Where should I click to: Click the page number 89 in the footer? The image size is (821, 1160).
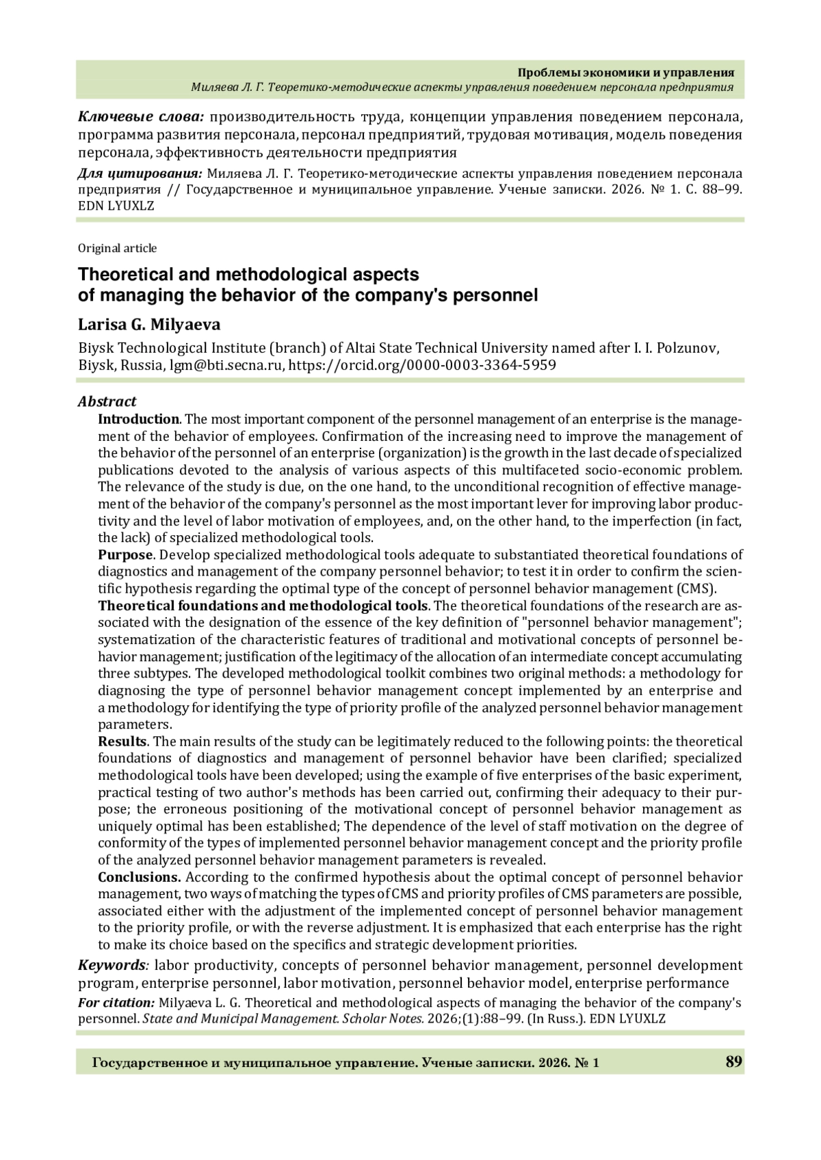pyautogui.click(x=733, y=1062)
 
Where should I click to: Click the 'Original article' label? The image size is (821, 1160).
pyautogui.click(x=117, y=248)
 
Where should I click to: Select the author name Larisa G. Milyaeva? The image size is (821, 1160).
pyautogui.click(x=149, y=325)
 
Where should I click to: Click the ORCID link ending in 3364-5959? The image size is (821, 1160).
pyautogui.click(x=422, y=365)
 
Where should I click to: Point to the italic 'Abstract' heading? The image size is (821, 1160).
pyautogui.click(x=107, y=401)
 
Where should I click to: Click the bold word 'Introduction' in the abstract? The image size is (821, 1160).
pyautogui.click(x=138, y=419)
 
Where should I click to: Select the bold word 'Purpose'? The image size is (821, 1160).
pyautogui.click(x=125, y=554)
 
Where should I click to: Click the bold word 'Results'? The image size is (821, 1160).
pyautogui.click(x=122, y=741)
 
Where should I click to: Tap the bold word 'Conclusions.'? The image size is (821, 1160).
pyautogui.click(x=140, y=877)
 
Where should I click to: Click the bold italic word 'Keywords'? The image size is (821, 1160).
pyautogui.click(x=112, y=965)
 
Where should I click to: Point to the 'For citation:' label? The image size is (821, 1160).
pyautogui.click(x=116, y=1003)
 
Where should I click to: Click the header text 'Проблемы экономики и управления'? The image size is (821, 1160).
pyautogui.click(x=625, y=72)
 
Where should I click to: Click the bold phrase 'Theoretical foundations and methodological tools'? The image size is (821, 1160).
pyautogui.click(x=263, y=606)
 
